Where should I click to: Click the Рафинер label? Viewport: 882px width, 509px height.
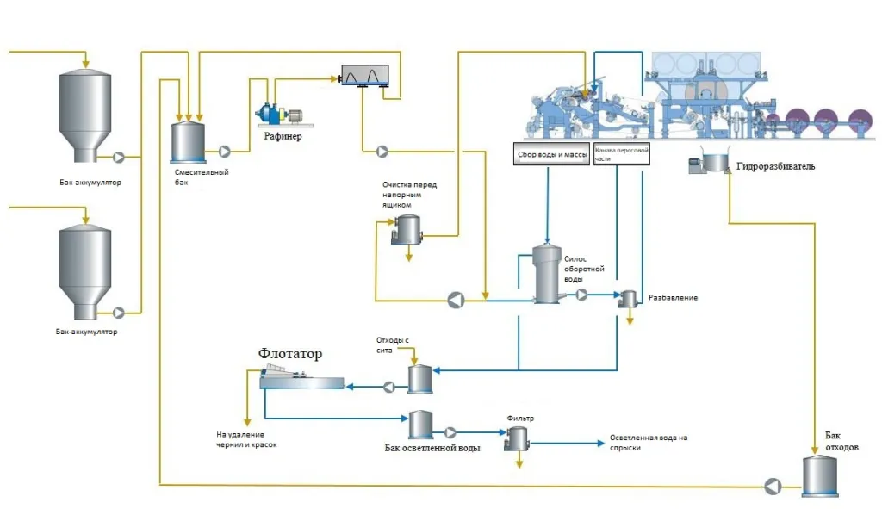[x=283, y=137]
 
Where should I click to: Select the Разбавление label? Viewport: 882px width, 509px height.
[x=672, y=298]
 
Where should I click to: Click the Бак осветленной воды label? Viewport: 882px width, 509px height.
[x=432, y=449]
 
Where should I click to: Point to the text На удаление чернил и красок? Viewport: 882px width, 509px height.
[x=246, y=440]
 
